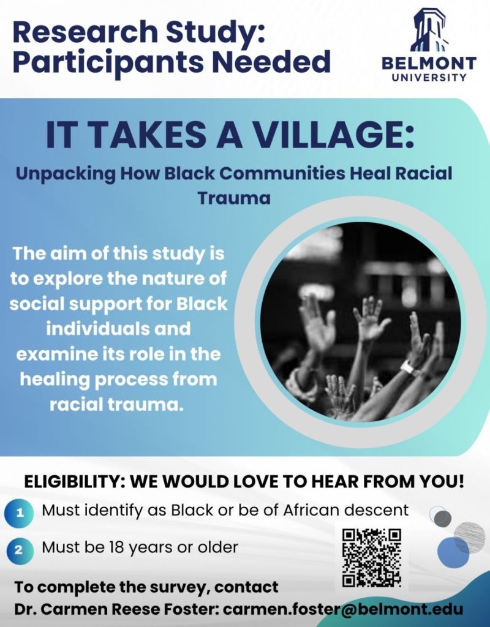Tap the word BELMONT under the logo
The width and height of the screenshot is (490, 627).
point(429,63)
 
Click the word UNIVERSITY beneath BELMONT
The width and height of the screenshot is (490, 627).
point(429,78)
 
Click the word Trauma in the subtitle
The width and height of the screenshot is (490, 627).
point(233,198)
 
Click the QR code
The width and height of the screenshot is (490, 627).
point(371,557)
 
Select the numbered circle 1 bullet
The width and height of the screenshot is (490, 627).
point(20,513)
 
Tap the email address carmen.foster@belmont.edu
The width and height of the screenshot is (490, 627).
point(342,609)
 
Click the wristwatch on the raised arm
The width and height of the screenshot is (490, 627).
point(409,368)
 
